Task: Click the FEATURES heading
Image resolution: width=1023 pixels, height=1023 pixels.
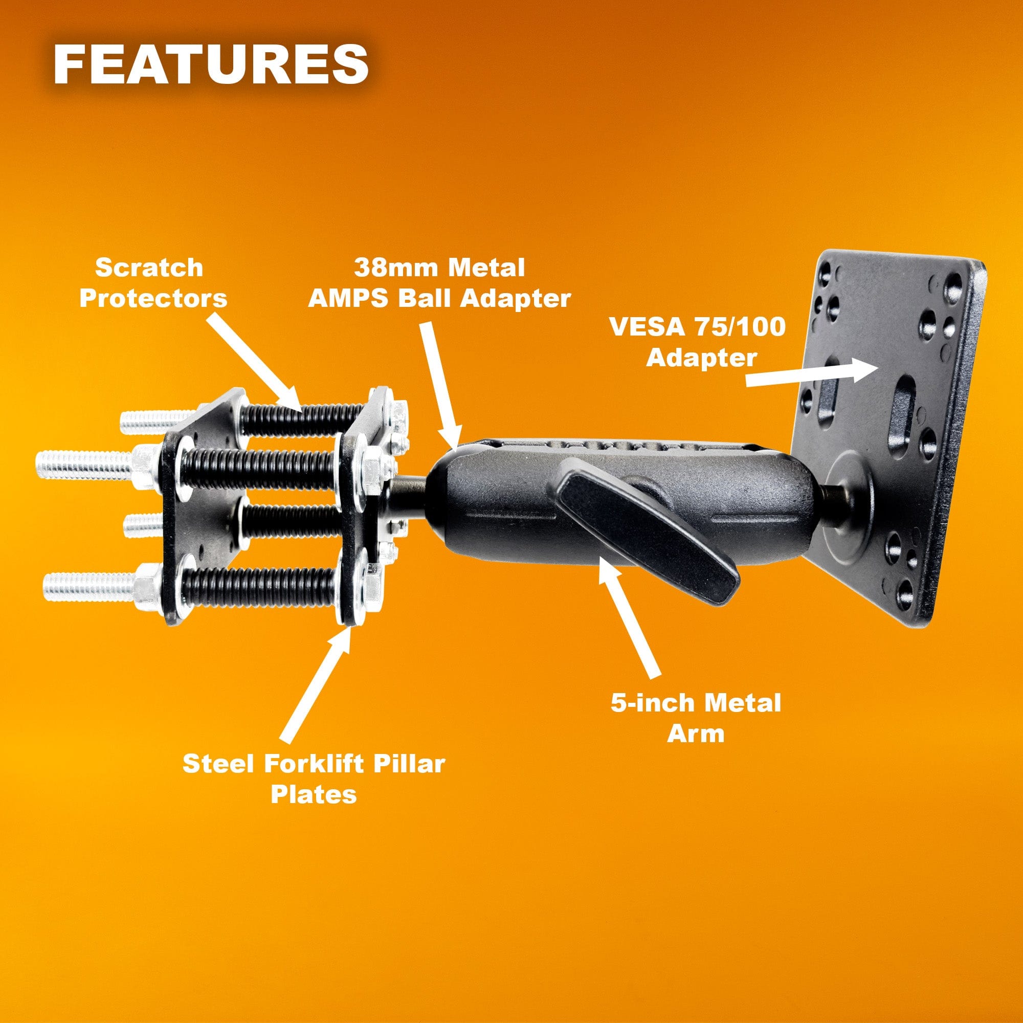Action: point(211,64)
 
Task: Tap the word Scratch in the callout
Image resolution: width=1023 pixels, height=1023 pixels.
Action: point(149,268)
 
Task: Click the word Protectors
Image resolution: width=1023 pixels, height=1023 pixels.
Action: point(153,299)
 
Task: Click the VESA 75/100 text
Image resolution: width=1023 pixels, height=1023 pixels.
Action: point(697,327)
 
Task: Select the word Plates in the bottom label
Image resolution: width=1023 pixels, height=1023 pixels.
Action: point(314,795)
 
